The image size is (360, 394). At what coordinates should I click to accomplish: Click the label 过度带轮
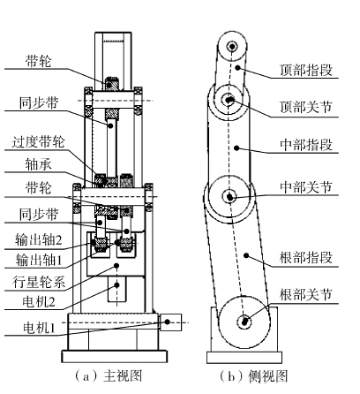click(x=38, y=142)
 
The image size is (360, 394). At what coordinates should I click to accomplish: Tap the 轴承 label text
click(x=38, y=164)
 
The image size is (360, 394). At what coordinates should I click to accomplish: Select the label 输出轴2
click(x=39, y=239)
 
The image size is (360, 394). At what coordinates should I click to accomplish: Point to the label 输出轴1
click(x=39, y=260)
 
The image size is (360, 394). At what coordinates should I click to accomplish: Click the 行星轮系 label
click(x=39, y=282)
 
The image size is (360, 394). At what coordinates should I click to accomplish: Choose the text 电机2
click(x=39, y=302)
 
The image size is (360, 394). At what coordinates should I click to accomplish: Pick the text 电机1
click(x=39, y=328)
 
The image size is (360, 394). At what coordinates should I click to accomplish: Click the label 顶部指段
click(x=306, y=71)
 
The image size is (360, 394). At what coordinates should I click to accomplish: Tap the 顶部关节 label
click(x=306, y=107)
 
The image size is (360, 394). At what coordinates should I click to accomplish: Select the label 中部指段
click(x=306, y=145)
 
